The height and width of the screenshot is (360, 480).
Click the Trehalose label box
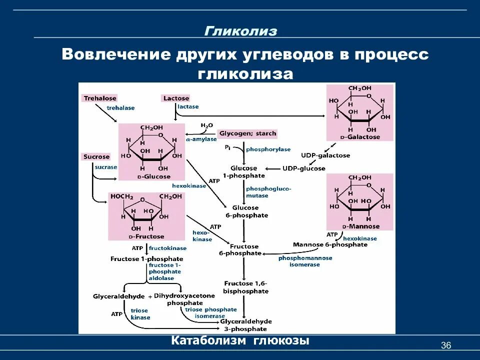pos(100,98)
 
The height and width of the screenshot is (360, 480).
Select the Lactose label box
pos(176,98)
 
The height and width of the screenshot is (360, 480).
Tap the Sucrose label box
pos(96,157)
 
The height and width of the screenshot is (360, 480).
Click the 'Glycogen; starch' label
pos(247,134)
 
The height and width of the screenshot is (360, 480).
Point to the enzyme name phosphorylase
pos(268,149)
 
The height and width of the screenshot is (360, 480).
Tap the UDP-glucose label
pos(304,168)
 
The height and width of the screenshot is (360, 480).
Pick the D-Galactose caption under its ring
pos(360,137)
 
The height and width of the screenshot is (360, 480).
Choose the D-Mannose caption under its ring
pos(359,226)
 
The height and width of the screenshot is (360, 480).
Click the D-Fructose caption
pos(146,236)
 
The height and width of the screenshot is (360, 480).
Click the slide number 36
pos(446,345)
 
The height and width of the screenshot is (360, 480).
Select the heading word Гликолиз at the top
pos(240,31)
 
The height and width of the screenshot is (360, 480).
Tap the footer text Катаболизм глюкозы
pos(240,341)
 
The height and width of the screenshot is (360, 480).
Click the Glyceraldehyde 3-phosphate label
pos(246,325)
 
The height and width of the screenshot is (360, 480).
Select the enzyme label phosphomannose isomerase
pos(305,261)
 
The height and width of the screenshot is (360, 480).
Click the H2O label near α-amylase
pos(206,125)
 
